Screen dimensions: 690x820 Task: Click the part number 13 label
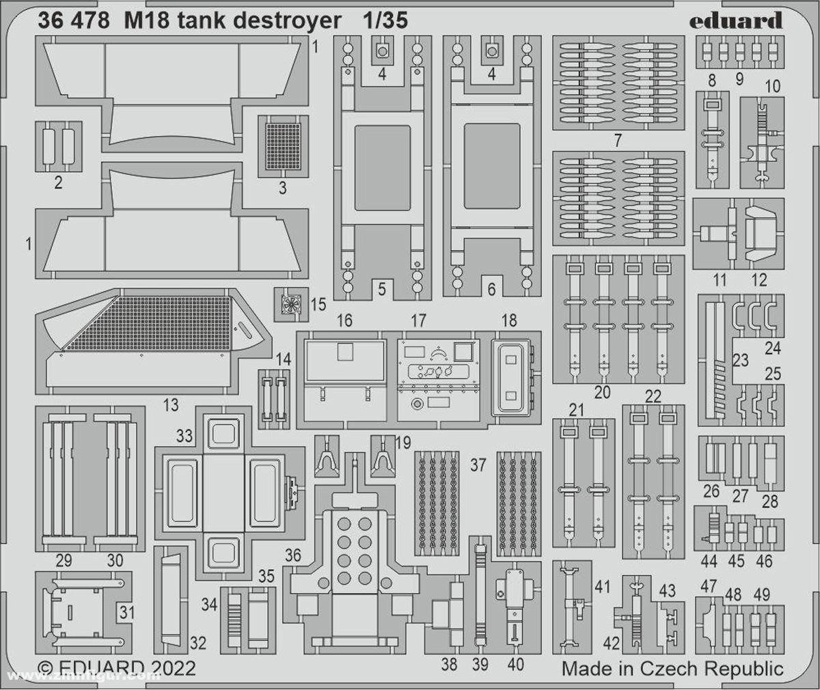[x=170, y=404]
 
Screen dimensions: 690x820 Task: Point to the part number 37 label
[x=478, y=465]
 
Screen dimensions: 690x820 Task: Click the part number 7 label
[x=618, y=141]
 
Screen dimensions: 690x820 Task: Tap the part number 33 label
[x=184, y=435]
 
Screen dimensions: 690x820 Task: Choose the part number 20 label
[x=602, y=392]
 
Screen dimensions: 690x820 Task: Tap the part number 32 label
[x=197, y=642]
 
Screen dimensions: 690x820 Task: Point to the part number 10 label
[x=773, y=86]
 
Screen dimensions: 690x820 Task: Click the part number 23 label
[x=741, y=359]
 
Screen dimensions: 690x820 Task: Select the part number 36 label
[x=293, y=556]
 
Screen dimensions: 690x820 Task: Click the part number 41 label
[x=602, y=586]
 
